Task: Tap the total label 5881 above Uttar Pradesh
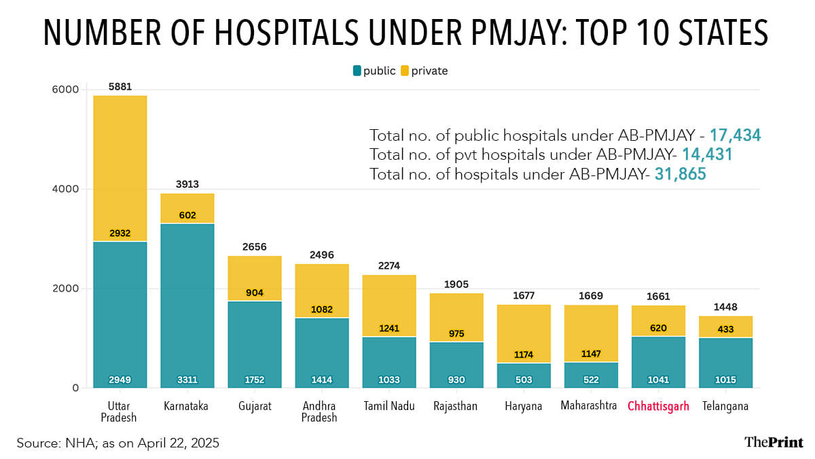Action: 120,87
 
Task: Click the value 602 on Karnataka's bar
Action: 187,216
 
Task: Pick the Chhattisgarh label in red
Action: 658,407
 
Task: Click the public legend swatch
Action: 357,71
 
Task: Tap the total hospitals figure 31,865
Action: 681,174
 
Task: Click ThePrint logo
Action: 773,443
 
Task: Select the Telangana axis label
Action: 726,407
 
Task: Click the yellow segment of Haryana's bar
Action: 524,326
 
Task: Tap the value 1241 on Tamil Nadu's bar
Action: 389,328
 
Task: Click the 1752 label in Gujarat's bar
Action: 255,379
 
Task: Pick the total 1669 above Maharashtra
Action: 591,296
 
